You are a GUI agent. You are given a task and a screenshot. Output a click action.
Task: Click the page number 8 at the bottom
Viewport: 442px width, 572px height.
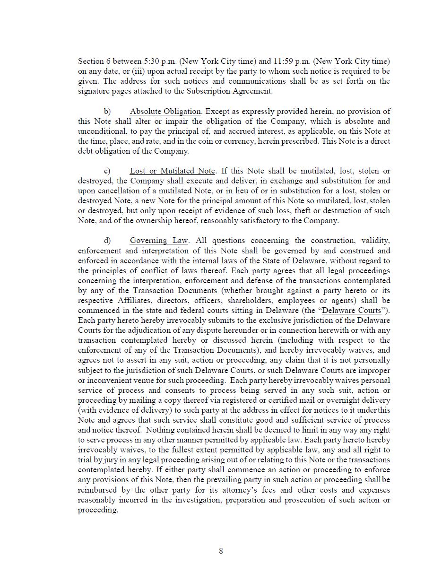(x=221, y=551)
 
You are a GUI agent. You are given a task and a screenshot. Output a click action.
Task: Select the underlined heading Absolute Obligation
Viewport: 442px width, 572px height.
(x=165, y=112)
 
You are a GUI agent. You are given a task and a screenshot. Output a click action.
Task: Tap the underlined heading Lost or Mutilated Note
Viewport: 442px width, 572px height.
(x=172, y=171)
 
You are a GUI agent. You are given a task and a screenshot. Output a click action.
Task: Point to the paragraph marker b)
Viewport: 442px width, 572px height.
(x=107, y=112)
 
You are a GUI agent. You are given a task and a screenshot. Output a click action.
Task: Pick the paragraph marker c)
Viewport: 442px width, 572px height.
(x=107, y=171)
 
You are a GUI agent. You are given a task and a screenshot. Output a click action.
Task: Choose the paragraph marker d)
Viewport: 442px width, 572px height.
(x=107, y=241)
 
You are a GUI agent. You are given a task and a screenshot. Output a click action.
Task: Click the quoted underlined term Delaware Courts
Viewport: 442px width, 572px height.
(x=351, y=311)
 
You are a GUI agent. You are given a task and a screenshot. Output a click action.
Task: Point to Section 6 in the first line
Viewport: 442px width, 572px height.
(x=94, y=61)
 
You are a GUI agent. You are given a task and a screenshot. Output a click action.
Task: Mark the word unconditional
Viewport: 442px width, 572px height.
(x=101, y=131)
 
